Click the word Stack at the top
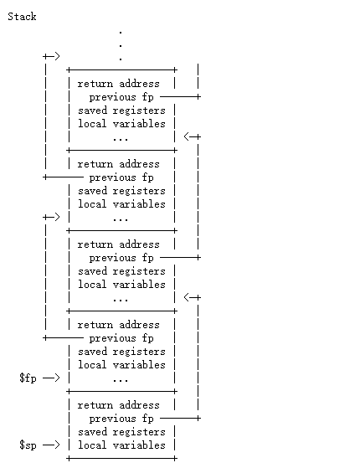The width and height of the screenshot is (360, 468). click(x=22, y=17)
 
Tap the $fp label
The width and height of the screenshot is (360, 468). click(x=28, y=378)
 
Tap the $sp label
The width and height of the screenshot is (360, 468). click(x=28, y=445)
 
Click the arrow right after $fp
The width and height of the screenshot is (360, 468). click(x=51, y=378)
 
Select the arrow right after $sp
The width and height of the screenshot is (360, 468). click(x=51, y=445)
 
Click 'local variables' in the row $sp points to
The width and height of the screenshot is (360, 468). click(x=121, y=445)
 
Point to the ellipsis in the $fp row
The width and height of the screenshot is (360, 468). click(x=121, y=378)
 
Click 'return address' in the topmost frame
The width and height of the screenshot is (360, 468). click(x=118, y=84)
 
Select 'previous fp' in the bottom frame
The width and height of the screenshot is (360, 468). click(x=121, y=419)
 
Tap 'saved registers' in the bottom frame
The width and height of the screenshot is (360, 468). click(x=121, y=432)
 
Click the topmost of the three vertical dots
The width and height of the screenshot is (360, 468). click(x=121, y=31)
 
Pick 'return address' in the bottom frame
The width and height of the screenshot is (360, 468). click(x=118, y=405)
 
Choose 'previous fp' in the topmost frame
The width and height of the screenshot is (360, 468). click(x=121, y=97)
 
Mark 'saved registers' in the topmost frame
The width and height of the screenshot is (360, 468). click(x=121, y=111)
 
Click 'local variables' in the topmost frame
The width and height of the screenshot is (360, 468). click(x=121, y=124)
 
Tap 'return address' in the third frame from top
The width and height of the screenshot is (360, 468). click(x=118, y=244)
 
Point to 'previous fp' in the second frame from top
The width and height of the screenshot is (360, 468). click(x=121, y=177)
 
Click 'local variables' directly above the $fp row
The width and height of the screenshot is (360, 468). click(x=121, y=365)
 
